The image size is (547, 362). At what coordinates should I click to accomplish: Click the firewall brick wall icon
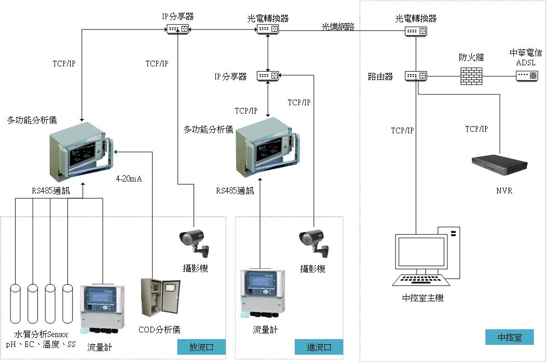pyautogui.click(x=472, y=76)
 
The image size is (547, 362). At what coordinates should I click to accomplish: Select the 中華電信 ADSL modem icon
pyautogui.click(x=527, y=76)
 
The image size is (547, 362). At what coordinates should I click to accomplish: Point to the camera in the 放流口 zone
pyautogui.click(x=193, y=241)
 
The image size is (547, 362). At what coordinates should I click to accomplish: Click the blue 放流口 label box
pyautogui.click(x=201, y=347)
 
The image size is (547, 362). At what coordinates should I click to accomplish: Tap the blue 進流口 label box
pyautogui.click(x=319, y=347)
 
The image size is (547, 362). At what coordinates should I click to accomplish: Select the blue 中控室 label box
pyautogui.click(x=509, y=337)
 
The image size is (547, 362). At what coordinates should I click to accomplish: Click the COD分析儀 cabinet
pyautogui.click(x=160, y=300)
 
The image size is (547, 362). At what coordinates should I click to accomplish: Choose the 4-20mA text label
pyautogui.click(x=129, y=179)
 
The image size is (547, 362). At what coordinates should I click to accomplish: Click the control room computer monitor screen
pyautogui.click(x=420, y=254)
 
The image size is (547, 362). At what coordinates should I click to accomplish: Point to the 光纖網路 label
pyautogui.click(x=338, y=27)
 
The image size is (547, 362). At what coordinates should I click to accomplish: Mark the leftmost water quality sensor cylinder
pyautogui.click(x=16, y=303)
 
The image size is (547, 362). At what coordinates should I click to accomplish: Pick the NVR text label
pyautogui.click(x=504, y=191)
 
